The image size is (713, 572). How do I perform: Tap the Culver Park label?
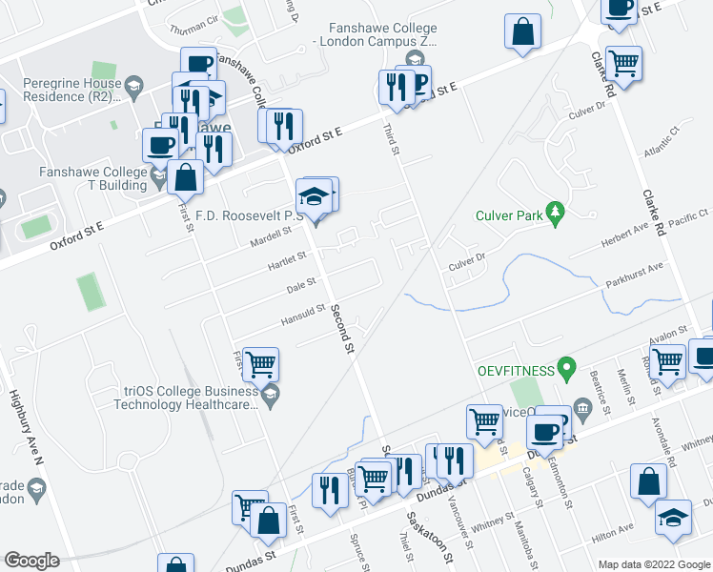click(510, 215)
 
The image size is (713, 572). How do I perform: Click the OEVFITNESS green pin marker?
click(566, 366)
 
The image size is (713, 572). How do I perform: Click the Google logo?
click(31, 561)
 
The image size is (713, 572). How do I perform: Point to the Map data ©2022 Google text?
click(653, 564)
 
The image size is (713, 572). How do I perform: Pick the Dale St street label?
click(301, 285)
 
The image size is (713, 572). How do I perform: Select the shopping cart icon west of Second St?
click(260, 364)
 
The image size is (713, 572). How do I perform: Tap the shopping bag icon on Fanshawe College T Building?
click(185, 177)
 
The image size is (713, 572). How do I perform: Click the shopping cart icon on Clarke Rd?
click(624, 63)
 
